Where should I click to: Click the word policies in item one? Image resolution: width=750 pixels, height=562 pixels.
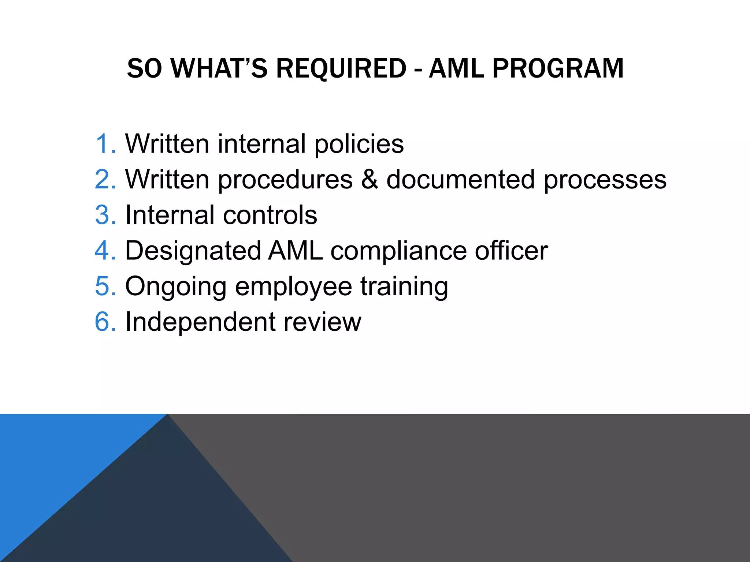(x=359, y=144)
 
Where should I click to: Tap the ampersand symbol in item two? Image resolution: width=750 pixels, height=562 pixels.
(x=370, y=179)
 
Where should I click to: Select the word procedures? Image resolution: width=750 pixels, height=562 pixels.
(x=285, y=180)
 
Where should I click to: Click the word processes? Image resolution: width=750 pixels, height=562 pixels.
(x=605, y=180)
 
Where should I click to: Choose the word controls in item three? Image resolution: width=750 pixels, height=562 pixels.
(x=270, y=215)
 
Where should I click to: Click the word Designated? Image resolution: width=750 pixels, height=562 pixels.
(x=193, y=251)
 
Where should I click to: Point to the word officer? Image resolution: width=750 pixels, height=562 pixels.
(x=511, y=251)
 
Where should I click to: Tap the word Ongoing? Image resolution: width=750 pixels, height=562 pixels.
(x=176, y=287)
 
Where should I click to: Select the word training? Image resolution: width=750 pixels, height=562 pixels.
(x=404, y=287)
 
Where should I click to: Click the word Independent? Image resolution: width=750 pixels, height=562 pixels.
(x=200, y=322)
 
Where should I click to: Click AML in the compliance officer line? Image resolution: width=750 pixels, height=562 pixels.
(x=296, y=251)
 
